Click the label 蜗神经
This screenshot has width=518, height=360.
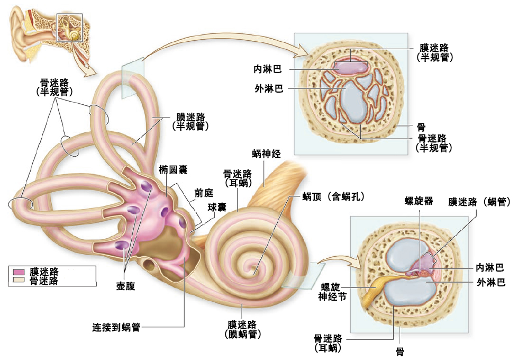coord(266,154)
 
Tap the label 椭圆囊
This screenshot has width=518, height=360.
coord(173,169)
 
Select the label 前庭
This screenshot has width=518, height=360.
coord(204,193)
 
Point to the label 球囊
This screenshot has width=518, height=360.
coord(217,208)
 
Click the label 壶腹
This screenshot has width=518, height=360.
coord(125,286)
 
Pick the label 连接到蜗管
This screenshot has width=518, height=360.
coord(116,327)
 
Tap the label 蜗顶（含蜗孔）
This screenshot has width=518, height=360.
coord(333,197)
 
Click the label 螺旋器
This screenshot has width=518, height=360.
coord(419,201)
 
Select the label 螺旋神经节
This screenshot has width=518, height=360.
coord(332,292)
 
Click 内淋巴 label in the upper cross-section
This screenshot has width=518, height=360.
coord(268,69)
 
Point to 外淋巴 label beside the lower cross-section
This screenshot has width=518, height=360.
coord(491,282)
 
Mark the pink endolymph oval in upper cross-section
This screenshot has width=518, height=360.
coord(350,67)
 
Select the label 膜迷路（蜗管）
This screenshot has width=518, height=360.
coord(479,201)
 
